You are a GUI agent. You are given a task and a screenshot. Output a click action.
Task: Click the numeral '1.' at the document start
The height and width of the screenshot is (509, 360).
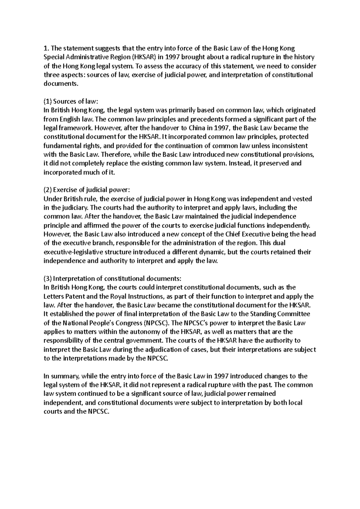pyautogui.click(x=46, y=48)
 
